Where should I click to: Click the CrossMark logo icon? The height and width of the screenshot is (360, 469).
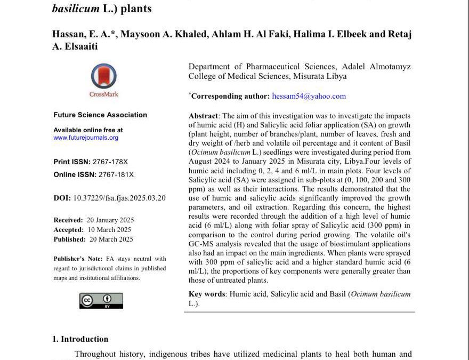[x=104, y=77]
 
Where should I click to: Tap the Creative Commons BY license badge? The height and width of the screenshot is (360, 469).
[x=101, y=300]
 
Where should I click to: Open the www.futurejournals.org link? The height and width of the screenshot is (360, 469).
[x=86, y=138]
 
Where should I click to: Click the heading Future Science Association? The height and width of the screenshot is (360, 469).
[x=100, y=115]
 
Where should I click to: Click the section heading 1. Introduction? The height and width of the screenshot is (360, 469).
[x=80, y=339]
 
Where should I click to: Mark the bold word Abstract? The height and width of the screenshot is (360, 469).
[x=203, y=116]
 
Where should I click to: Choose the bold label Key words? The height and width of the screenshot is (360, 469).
[x=207, y=294]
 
